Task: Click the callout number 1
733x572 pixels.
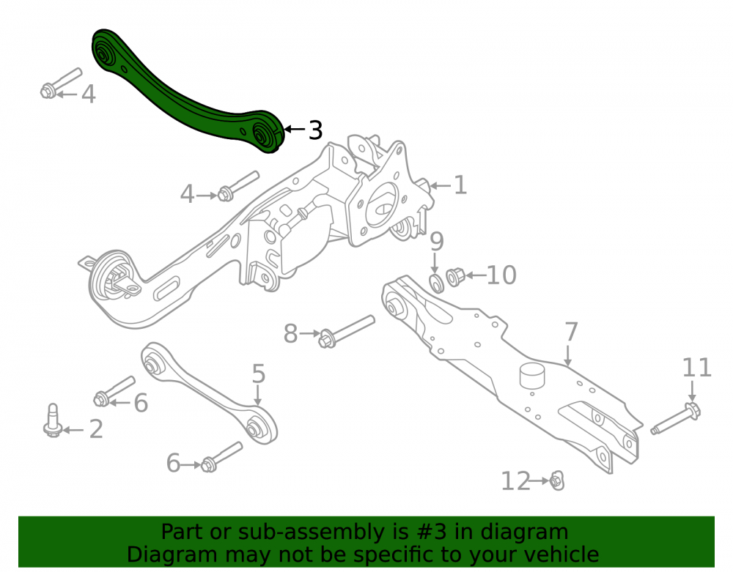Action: pos(460,185)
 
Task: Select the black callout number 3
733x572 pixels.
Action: pos(315,130)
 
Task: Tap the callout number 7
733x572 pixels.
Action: pos(571,332)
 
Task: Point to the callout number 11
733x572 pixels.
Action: pos(696,368)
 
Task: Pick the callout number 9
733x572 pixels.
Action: pos(436,242)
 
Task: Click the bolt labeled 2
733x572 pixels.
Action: pos(53,421)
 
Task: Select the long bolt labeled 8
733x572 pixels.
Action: pos(347,331)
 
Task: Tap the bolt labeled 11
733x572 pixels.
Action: pos(676,418)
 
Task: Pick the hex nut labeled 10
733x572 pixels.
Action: pos(455,277)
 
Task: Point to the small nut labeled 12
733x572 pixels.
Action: pos(557,480)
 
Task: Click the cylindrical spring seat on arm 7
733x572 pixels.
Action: pos(532,375)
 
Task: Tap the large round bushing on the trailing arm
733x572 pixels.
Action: pos(112,280)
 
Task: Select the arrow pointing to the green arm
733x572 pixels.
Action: pos(295,129)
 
